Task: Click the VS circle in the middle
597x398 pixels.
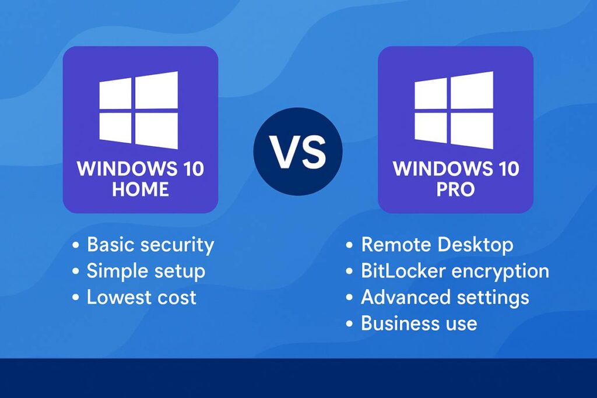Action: (298, 151)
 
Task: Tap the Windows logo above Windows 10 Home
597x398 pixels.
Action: (139, 110)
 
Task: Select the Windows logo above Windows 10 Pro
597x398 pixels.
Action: (454, 110)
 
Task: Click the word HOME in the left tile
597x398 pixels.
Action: (141, 189)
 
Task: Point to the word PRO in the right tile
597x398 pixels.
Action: (455, 189)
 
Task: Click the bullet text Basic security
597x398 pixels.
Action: (150, 245)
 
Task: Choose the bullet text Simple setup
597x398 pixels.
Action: (146, 271)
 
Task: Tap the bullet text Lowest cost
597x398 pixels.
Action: (142, 297)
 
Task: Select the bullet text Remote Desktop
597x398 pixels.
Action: (437, 245)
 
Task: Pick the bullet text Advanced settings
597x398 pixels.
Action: (445, 297)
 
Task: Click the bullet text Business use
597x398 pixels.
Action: (419, 323)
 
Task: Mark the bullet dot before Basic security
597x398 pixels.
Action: (75, 245)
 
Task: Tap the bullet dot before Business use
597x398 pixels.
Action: (349, 323)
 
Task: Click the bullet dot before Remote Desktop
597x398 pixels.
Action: (349, 245)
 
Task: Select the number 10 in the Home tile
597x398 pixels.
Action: (189, 170)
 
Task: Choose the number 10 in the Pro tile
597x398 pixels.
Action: (505, 170)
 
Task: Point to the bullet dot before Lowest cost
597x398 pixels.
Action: (75, 298)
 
